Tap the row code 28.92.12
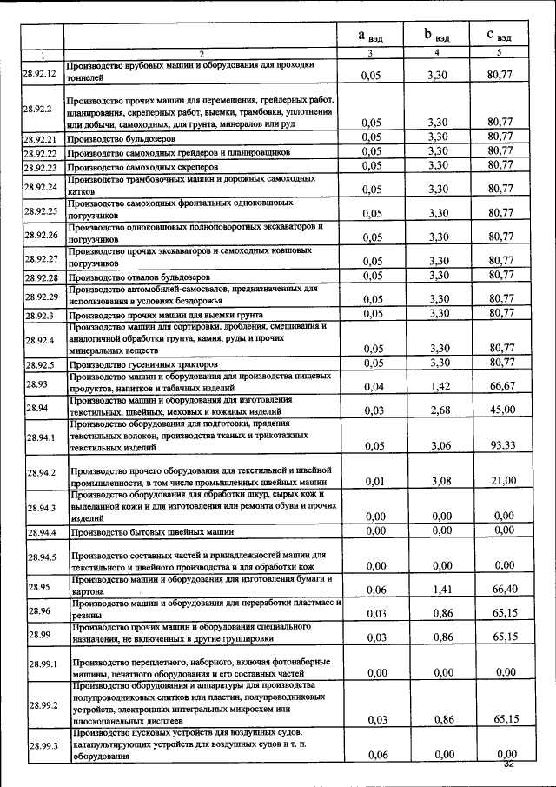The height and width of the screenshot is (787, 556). click(x=40, y=72)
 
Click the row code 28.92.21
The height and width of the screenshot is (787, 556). click(x=40, y=138)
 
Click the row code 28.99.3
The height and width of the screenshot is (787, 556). click(x=40, y=746)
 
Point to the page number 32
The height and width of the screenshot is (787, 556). click(x=509, y=764)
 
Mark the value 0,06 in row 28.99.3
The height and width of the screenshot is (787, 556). click(x=374, y=754)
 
